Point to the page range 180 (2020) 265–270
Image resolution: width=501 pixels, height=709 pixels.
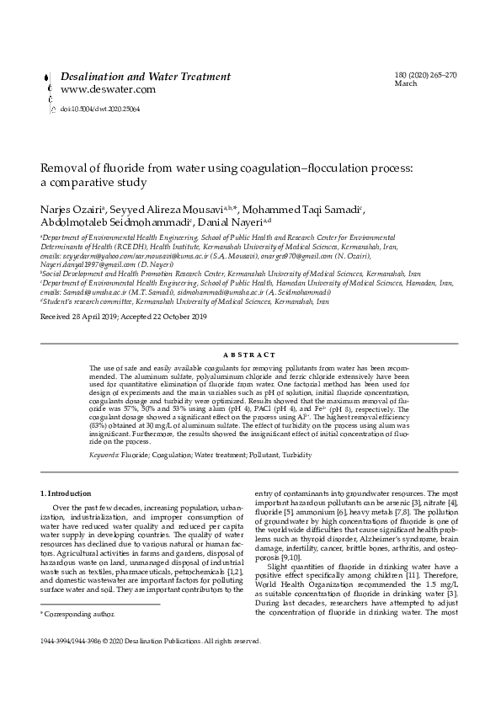point(425,76)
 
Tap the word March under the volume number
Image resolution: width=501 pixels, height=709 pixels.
point(405,85)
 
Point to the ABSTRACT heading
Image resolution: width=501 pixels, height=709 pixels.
point(250,355)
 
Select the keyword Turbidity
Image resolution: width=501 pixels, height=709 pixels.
point(295,454)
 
